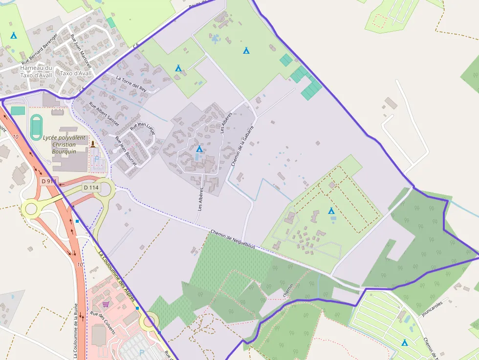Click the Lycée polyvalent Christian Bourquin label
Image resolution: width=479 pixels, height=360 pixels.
point(64,145)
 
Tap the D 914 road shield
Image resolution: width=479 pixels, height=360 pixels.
point(49,181)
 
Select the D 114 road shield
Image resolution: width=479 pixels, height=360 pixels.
point(91,187)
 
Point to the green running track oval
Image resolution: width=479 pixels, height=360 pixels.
point(36,127)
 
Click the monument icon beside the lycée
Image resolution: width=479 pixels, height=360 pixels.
point(92,144)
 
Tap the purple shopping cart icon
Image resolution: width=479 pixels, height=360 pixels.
point(106,304)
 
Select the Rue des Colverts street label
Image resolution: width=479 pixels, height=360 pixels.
point(103,323)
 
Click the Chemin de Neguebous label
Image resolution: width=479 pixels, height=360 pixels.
point(233,238)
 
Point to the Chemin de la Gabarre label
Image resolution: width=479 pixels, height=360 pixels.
point(242,146)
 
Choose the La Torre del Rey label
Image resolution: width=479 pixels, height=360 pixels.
point(131,84)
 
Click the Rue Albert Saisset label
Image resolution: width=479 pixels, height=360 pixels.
point(104,114)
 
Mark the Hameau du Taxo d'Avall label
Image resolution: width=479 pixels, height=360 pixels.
point(36,71)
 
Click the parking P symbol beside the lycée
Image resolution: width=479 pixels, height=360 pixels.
point(96,159)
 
